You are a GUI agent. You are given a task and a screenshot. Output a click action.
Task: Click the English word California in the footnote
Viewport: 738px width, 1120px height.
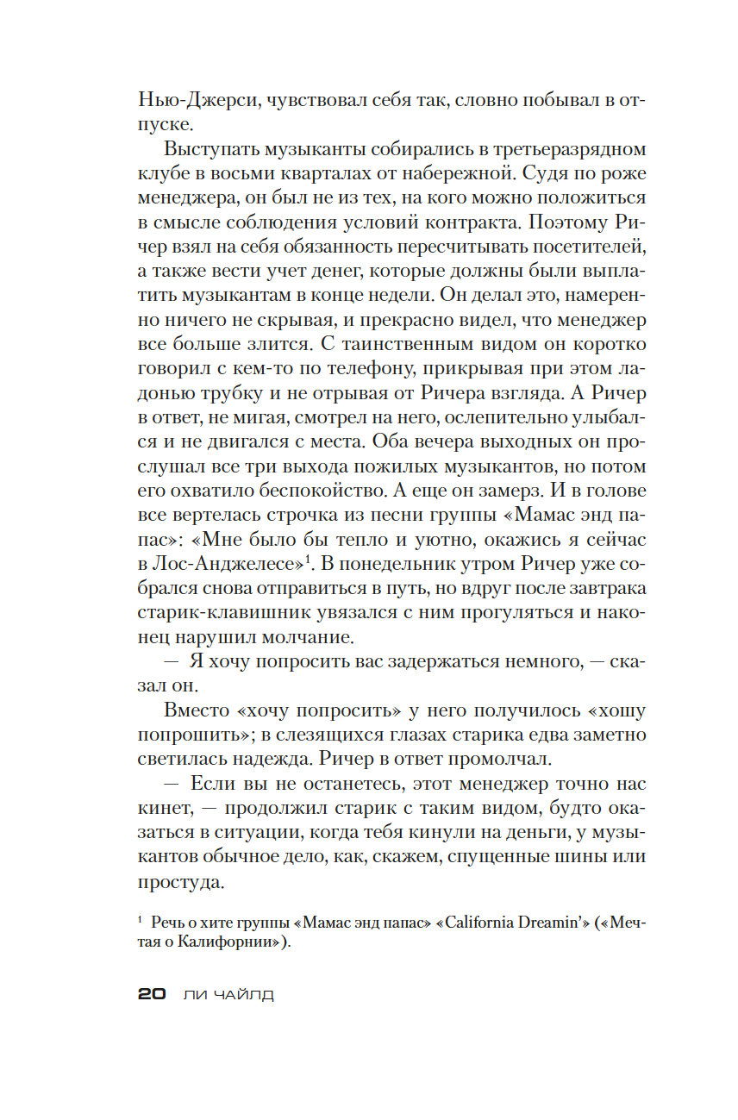click(x=456, y=923)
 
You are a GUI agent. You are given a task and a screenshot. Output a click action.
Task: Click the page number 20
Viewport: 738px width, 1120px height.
click(x=151, y=994)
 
